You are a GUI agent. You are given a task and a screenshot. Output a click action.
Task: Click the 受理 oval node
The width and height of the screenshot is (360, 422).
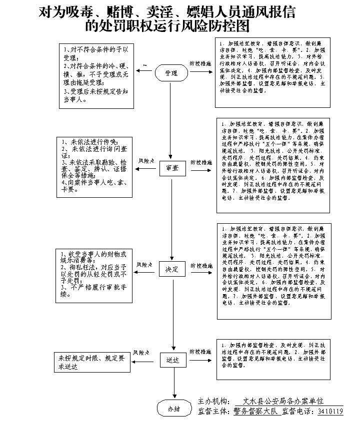171,73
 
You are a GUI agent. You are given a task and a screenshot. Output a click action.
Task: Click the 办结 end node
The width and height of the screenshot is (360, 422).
173,409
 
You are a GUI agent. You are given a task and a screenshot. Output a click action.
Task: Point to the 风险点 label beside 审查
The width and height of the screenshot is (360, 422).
146,161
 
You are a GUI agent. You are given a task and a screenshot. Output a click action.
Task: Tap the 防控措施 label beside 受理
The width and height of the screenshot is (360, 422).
200,64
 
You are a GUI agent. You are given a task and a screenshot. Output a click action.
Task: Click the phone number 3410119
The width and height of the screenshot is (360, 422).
327,412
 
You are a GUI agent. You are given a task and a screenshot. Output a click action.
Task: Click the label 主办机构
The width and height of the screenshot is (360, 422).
213,402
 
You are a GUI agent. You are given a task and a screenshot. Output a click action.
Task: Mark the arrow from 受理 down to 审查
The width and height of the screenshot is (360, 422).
173,120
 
